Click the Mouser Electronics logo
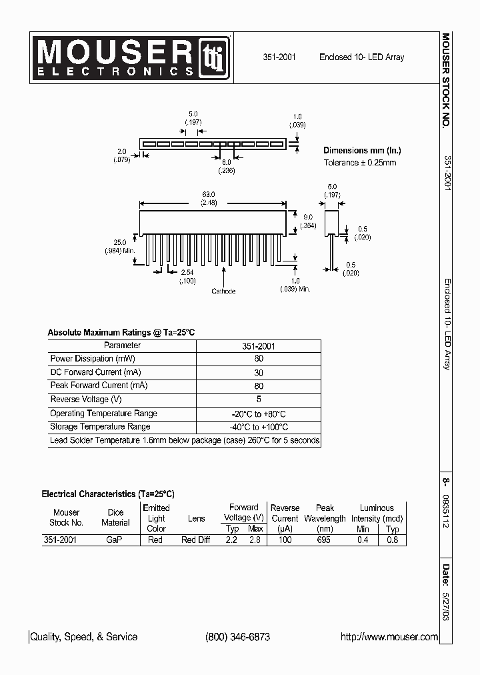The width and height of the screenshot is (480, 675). tap(130, 57)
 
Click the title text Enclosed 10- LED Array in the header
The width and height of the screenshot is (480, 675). tap(361, 57)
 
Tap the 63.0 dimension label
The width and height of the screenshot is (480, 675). tap(213, 195)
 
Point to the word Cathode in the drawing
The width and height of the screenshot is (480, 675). tap(223, 291)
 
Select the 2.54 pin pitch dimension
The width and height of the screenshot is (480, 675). tap(187, 272)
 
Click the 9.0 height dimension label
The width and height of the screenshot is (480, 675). tap(308, 217)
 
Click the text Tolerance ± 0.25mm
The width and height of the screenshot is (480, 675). tap(360, 163)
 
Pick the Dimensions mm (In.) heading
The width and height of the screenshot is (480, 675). tap(362, 151)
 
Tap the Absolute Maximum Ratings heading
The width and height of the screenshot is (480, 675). tap(121, 332)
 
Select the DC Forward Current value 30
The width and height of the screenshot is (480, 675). tap(259, 373)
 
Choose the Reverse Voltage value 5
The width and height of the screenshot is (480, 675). tap(259, 400)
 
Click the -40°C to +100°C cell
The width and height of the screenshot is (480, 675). tap(259, 428)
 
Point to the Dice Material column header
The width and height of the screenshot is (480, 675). tap(115, 518)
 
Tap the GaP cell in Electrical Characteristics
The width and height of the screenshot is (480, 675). tap(115, 540)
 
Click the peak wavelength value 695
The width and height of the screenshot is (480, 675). tap(324, 540)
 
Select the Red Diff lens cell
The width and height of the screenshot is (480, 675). tap(196, 540)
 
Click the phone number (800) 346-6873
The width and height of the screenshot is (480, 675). tap(237, 637)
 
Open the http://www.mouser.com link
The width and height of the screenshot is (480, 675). tap(389, 637)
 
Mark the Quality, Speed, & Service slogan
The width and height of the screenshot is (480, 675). tap(84, 637)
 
